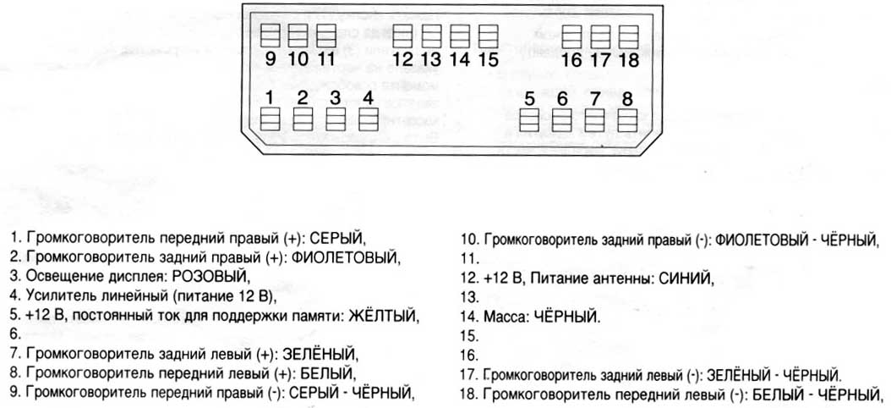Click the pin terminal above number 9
click(270, 36)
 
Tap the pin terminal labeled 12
click(403, 36)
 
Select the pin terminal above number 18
click(627, 36)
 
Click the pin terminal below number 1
click(270, 118)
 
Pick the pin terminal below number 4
click(367, 118)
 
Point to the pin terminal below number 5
click(529, 119)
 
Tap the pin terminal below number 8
click(626, 119)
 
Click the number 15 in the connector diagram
click(488, 59)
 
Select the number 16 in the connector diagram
click(571, 60)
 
